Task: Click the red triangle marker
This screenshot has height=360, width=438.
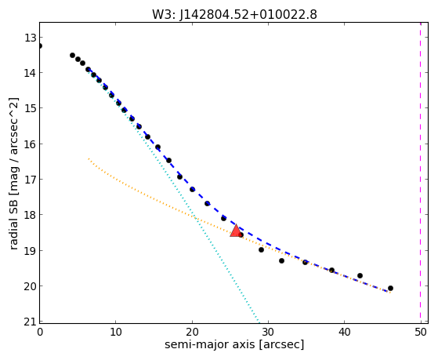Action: tap(236, 231)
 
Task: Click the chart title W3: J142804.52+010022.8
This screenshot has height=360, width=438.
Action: tap(234, 14)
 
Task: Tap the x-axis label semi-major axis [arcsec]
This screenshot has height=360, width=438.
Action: tap(234, 344)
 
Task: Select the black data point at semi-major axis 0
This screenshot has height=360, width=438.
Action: tap(40, 45)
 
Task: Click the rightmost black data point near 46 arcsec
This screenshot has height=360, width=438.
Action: tap(390, 288)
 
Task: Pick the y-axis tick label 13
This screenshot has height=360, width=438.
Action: tap(30, 38)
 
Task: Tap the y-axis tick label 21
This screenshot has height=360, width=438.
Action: tap(30, 322)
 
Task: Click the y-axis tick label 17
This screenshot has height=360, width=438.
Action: tap(30, 180)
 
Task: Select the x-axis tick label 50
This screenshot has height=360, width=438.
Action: tap(421, 333)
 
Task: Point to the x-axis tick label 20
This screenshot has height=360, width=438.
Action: tap(192, 333)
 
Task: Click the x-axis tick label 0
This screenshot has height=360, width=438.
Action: tap(40, 333)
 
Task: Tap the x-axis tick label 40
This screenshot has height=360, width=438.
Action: tap(345, 333)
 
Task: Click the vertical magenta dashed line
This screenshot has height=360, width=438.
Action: tap(421, 173)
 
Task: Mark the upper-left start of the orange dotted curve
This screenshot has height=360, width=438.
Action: tap(89, 158)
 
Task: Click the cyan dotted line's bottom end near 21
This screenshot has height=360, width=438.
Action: tap(259, 322)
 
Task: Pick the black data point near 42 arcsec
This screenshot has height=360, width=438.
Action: tap(360, 276)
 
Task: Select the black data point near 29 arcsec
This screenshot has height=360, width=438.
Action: tap(261, 249)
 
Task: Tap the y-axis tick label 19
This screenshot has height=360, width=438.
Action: tap(30, 251)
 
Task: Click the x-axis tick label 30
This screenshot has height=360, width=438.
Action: tap(268, 333)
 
